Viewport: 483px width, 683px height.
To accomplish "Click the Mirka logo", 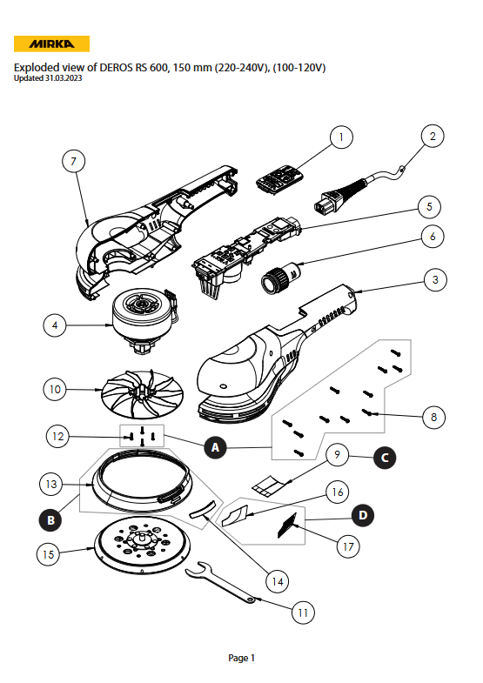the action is click(51, 44).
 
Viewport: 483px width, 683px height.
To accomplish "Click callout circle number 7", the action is click(73, 162).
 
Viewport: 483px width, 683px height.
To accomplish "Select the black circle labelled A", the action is click(215, 447).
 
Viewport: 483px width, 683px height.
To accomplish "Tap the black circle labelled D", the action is click(363, 515).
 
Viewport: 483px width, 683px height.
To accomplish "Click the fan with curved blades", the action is click(142, 395).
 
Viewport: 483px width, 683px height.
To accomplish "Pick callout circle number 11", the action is click(303, 613).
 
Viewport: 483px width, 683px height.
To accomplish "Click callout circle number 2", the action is click(433, 136).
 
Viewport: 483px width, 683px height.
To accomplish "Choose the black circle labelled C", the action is click(385, 458).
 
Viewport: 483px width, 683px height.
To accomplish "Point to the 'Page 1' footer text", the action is click(241, 658).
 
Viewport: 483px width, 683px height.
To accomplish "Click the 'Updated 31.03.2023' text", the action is click(48, 78).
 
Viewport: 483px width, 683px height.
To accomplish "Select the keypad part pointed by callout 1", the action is click(279, 177).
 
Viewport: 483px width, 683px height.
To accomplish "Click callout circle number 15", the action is click(49, 554).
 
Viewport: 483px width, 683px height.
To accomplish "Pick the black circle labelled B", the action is click(51, 519).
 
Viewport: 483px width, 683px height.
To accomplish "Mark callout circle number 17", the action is click(348, 546).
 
